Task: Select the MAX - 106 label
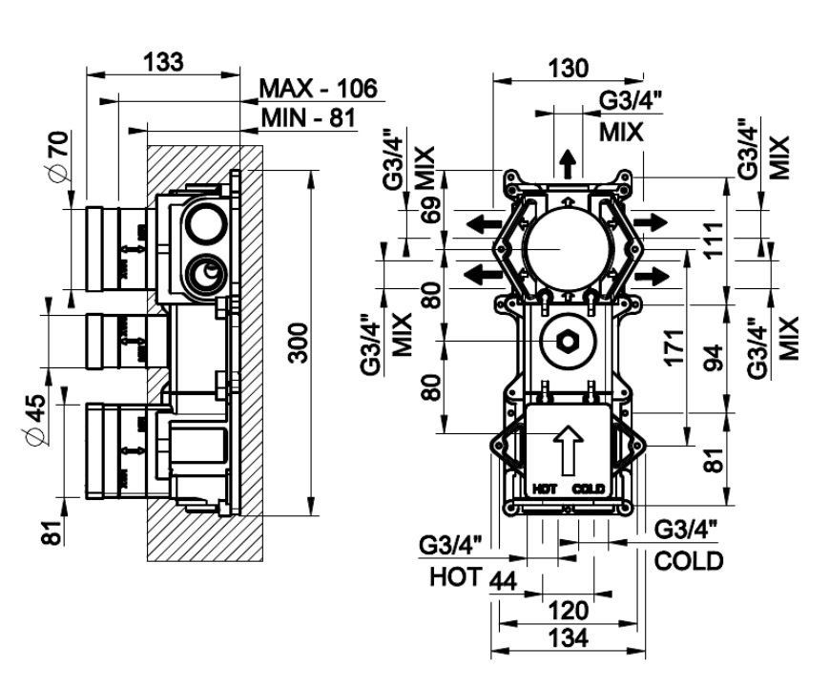[320, 89]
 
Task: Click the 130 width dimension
[569, 68]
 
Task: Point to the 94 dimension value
[712, 357]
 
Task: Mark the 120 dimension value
[570, 609]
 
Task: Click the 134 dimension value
[570, 636]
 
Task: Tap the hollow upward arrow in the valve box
[569, 448]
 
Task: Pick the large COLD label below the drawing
[689, 560]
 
